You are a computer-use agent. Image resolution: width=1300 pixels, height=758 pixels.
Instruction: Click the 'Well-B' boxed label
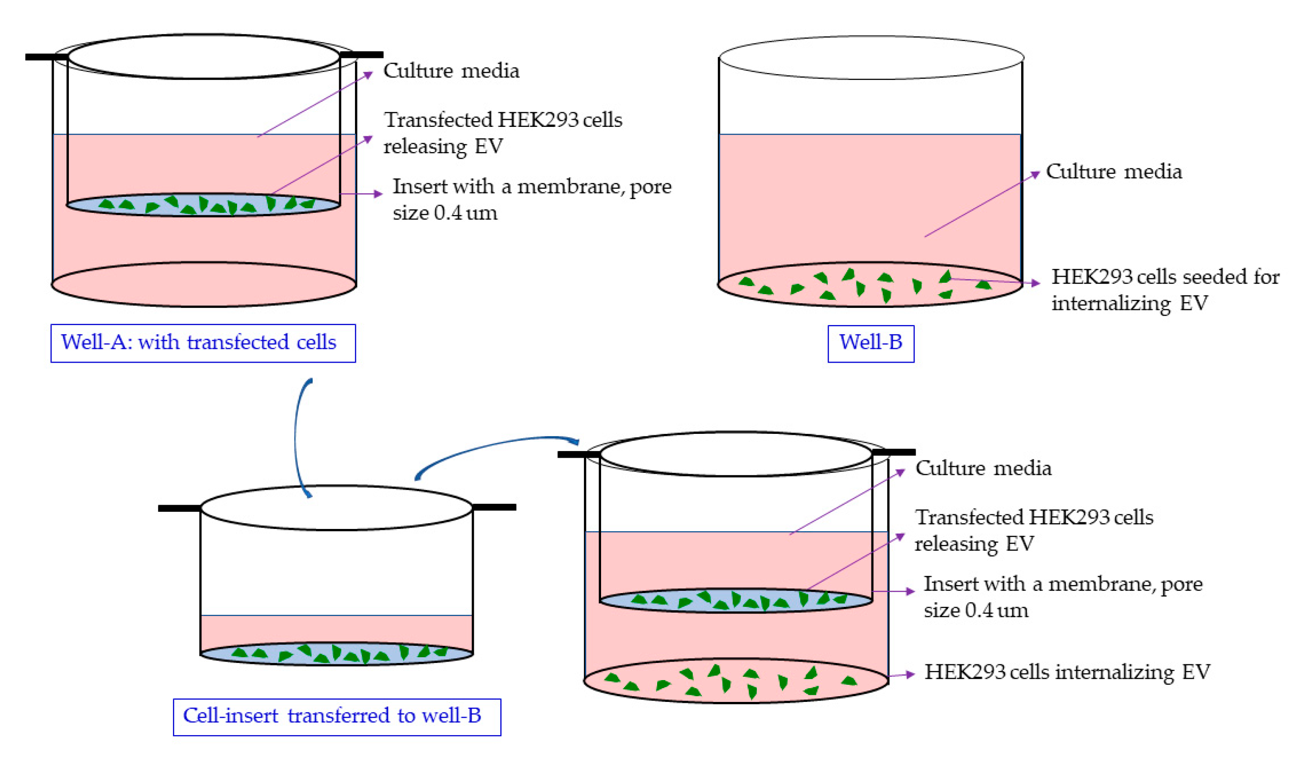[870, 343]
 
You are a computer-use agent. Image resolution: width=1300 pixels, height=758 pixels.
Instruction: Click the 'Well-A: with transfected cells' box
[203, 343]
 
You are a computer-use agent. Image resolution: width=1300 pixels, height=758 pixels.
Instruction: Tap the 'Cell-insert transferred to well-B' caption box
[336, 717]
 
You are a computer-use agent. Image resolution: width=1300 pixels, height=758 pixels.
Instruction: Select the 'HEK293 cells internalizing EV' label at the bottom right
[1067, 672]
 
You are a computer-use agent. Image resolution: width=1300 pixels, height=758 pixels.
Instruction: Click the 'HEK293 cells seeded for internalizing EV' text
[1165, 290]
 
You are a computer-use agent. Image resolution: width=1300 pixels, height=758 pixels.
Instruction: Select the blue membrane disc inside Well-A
[203, 205]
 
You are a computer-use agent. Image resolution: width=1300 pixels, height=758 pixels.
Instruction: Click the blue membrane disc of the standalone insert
[336, 654]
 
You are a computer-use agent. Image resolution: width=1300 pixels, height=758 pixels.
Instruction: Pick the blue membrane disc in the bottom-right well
[736, 601]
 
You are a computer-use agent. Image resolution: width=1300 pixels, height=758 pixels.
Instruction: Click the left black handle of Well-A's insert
[47, 57]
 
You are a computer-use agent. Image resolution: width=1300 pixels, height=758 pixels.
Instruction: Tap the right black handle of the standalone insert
[494, 507]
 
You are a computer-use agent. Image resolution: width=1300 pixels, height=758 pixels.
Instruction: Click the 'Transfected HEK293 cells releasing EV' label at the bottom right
[1033, 530]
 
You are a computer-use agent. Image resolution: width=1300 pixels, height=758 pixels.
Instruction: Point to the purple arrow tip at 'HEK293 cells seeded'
[1036, 283]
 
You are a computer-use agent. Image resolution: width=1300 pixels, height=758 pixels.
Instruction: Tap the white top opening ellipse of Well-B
[871, 58]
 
